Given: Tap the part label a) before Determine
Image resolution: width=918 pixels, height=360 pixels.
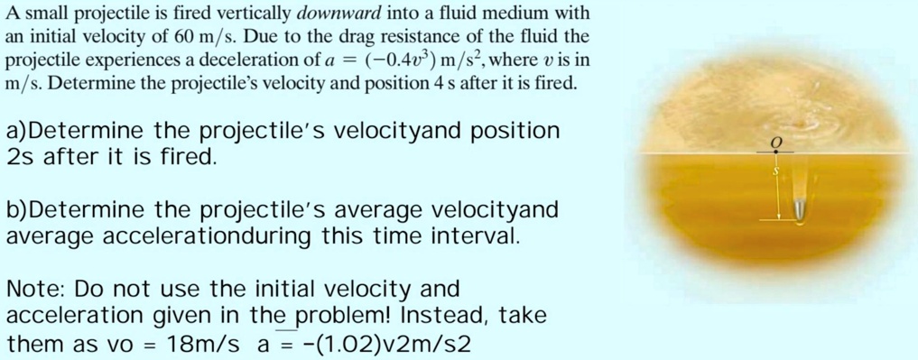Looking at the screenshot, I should (17, 132).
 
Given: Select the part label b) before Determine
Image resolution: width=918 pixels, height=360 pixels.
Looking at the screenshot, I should (17, 211).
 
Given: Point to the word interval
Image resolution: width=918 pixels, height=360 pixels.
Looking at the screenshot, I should (482, 236).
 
